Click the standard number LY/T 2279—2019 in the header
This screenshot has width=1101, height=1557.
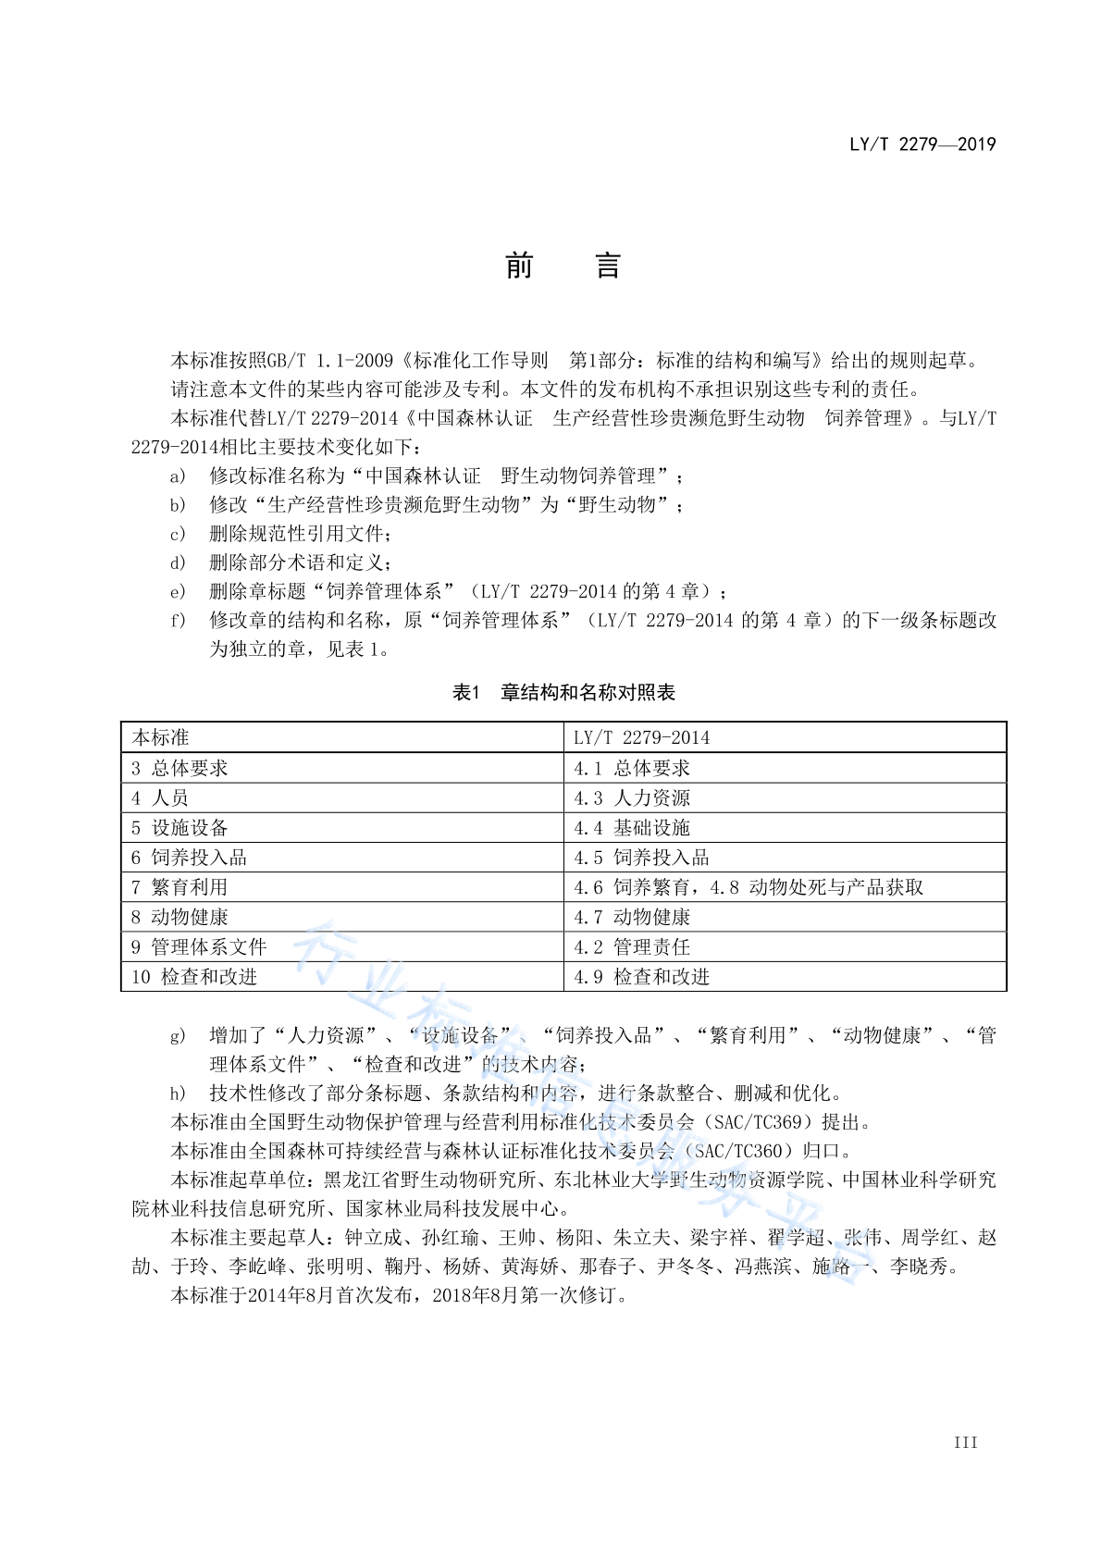pos(922,144)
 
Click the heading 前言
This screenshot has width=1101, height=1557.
pos(562,266)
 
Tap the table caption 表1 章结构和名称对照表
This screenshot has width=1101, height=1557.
pos(563,693)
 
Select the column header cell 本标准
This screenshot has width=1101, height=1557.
pos(161,737)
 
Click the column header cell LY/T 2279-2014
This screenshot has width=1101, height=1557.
pos(641,737)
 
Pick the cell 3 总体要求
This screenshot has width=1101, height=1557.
pos(179,768)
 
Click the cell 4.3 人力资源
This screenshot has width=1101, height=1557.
pos(632,797)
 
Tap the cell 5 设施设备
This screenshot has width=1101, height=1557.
pos(179,827)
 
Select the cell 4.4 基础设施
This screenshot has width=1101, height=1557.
pos(632,827)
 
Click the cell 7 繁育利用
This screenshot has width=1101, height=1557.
pos(179,887)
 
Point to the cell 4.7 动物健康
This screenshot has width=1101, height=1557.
pos(632,917)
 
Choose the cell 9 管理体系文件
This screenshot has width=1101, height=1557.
pos(199,946)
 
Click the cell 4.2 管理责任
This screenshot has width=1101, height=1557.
pos(632,946)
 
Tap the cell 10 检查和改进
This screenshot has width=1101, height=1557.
pos(194,976)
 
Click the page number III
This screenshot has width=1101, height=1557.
pos(965,1442)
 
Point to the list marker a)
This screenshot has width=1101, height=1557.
pos(178,476)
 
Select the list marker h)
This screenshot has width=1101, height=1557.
pos(178,1094)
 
